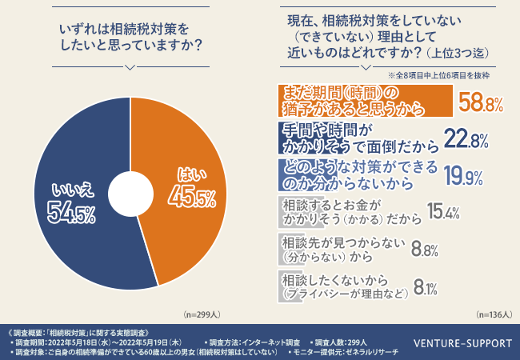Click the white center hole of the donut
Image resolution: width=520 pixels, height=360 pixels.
(130, 194)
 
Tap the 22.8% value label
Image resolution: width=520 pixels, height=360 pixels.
(466, 141)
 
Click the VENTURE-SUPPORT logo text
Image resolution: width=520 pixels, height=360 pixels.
(462, 344)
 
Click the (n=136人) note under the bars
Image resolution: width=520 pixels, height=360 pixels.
(492, 314)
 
